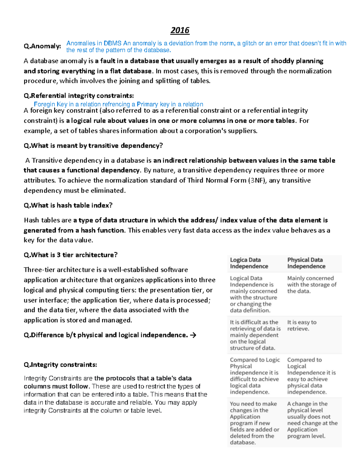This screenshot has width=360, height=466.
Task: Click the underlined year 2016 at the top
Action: coord(180,30)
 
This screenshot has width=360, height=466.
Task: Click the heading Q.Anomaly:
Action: coord(42,46)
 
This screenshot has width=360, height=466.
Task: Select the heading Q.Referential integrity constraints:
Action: coord(79,96)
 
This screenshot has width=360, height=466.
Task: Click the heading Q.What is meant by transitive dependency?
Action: coord(93,146)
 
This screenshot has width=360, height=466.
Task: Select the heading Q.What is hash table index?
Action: coord(68,206)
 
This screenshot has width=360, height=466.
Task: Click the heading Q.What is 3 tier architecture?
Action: coord(70,255)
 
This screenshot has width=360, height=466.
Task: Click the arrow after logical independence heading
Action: coord(193,335)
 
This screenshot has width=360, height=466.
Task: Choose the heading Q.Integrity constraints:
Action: coord(60,365)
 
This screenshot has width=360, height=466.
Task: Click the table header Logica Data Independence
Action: coord(249,263)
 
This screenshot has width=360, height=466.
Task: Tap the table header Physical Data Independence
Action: coord(306,263)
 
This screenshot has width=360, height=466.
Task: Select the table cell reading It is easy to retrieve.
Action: coord(301,326)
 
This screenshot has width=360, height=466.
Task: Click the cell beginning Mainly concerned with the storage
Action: coord(312,285)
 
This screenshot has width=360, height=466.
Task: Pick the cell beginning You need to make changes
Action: coord(254,423)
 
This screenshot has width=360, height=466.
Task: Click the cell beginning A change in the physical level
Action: coord(312,420)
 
